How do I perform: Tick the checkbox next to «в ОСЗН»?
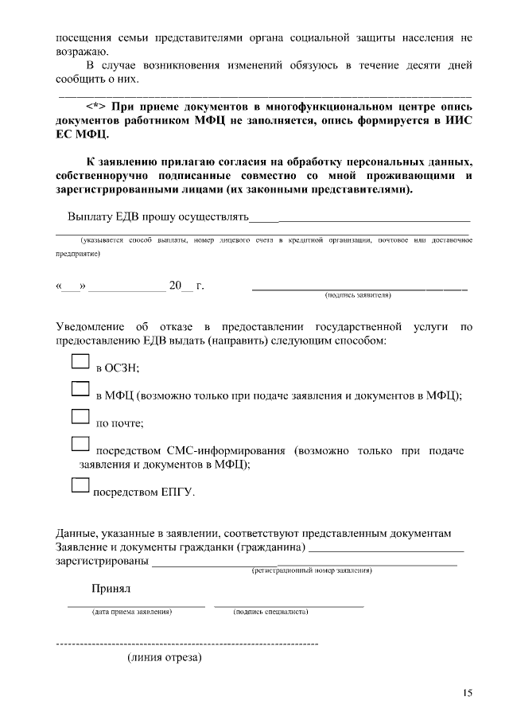click(x=81, y=362)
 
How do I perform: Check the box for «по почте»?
click(x=81, y=417)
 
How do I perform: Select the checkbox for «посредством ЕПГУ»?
click(x=81, y=485)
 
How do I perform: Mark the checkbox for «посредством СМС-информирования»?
click(x=81, y=445)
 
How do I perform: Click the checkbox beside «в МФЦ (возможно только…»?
click(x=81, y=389)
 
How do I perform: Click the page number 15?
click(x=467, y=693)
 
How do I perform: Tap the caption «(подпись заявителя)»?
click(x=358, y=294)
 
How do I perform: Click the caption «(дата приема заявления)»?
click(x=132, y=612)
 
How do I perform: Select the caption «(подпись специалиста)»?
click(x=271, y=612)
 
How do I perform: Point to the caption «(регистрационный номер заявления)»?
click(x=312, y=570)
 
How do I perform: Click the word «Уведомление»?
click(x=90, y=327)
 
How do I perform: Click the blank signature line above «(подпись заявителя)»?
click(x=359, y=287)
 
